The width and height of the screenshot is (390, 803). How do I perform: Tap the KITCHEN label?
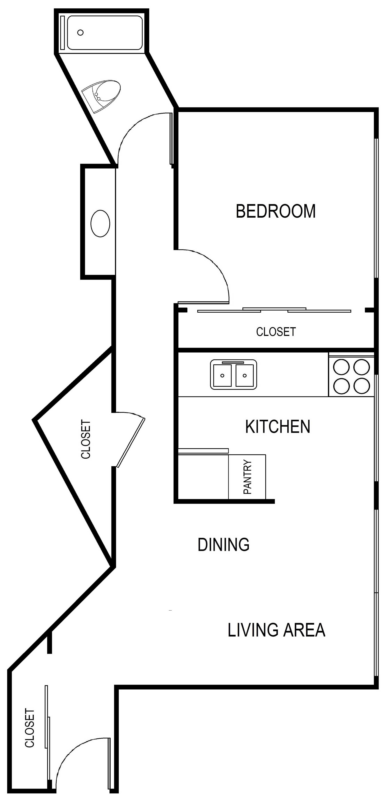(x=277, y=427)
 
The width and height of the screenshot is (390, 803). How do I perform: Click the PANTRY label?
(x=247, y=477)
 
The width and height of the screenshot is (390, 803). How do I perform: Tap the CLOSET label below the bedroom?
(x=276, y=332)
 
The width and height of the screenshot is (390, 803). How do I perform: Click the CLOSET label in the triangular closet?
(x=86, y=439)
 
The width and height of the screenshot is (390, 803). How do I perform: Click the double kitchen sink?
(x=234, y=374)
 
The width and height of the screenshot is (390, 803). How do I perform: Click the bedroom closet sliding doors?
(x=274, y=310)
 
